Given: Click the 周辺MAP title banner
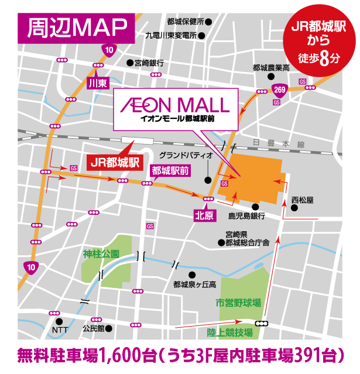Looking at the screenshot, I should [77, 26].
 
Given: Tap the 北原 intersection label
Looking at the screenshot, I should [205, 215].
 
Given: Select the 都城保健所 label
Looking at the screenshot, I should [185, 22].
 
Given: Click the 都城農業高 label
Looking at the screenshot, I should [272, 67].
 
